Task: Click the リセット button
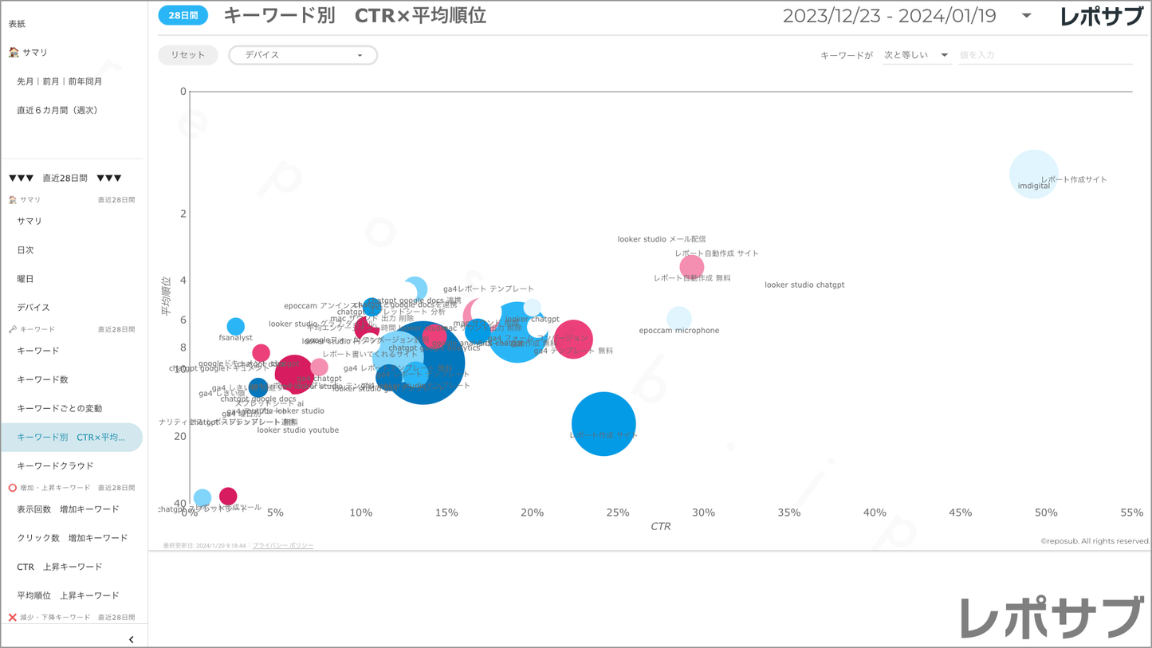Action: [188, 55]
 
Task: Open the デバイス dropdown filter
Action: [303, 55]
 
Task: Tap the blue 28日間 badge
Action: [183, 15]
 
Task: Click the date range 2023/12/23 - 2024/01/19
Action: [889, 16]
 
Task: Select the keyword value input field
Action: [1044, 55]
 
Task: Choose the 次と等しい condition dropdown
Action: [916, 55]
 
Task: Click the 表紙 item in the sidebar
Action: [18, 24]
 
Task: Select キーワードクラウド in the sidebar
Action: [56, 465]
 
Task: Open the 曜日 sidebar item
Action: [26, 279]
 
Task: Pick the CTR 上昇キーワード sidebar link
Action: [60, 567]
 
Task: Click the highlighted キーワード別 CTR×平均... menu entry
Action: [71, 438]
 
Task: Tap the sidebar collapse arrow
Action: [131, 639]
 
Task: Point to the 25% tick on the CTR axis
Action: [618, 513]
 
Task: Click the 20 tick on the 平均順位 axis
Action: [181, 436]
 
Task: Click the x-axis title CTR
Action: [660, 526]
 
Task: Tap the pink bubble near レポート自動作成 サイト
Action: [692, 267]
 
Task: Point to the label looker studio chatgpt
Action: [804, 285]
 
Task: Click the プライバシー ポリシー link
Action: [283, 546]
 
